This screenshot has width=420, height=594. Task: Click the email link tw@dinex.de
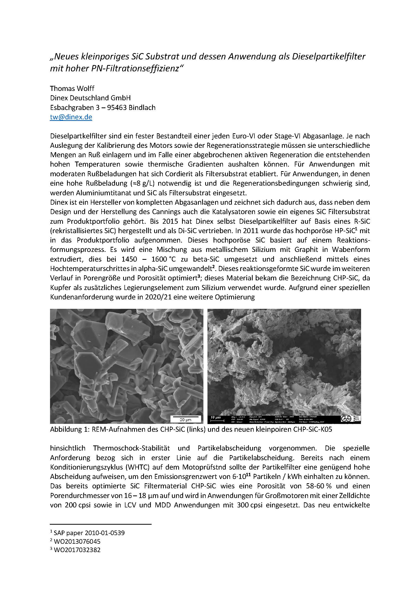(71, 117)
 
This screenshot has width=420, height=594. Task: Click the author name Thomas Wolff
(72, 88)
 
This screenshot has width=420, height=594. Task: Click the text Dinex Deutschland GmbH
(90, 98)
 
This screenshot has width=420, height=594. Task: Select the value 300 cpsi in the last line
(250, 505)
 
